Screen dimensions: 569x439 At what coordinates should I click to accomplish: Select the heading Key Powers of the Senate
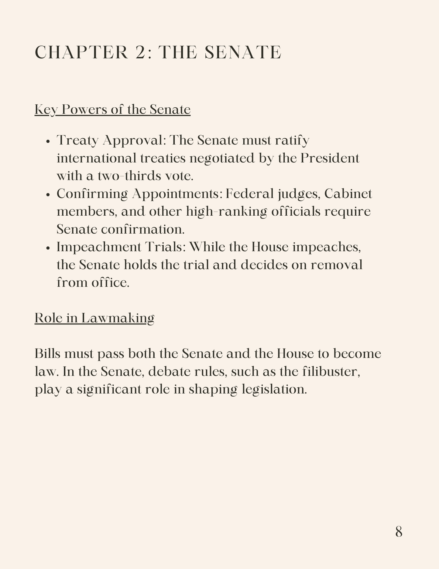click(112, 109)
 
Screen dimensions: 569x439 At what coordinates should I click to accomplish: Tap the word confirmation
click(143, 229)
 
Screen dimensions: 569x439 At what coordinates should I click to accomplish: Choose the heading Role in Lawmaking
click(94, 318)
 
